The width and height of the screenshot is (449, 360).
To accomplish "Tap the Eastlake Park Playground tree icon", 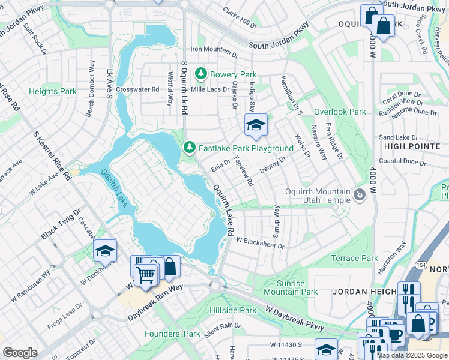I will tap(190, 148).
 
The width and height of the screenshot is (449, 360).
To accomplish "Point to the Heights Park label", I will tap(53, 91).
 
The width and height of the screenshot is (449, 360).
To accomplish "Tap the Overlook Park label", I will tap(340, 112).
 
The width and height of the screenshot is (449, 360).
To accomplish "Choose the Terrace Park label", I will tap(354, 258).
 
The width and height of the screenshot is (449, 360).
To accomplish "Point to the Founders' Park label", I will tap(179, 334).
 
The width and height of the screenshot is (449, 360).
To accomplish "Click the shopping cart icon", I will tap(145, 275).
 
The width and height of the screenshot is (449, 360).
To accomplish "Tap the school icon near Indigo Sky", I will tap(256, 125).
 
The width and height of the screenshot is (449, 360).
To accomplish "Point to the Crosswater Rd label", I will tap(138, 89).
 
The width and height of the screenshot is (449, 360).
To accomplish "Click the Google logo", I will tap(20, 353).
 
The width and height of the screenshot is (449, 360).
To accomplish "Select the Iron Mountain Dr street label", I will tap(214, 49).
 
